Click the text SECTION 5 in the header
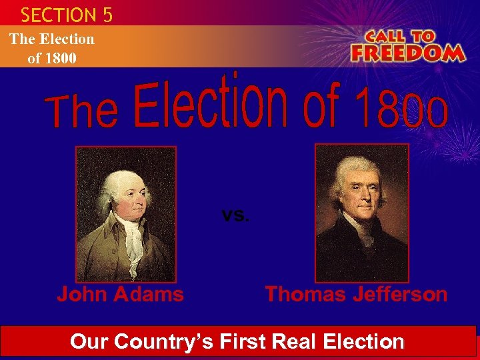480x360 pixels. click(x=67, y=14)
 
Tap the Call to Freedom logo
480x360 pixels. click(x=407, y=45)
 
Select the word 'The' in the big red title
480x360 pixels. click(x=83, y=112)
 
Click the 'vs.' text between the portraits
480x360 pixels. click(x=235, y=215)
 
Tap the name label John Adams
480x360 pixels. click(x=120, y=294)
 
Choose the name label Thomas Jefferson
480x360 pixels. click(x=356, y=294)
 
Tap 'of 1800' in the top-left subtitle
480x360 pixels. click(x=52, y=58)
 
